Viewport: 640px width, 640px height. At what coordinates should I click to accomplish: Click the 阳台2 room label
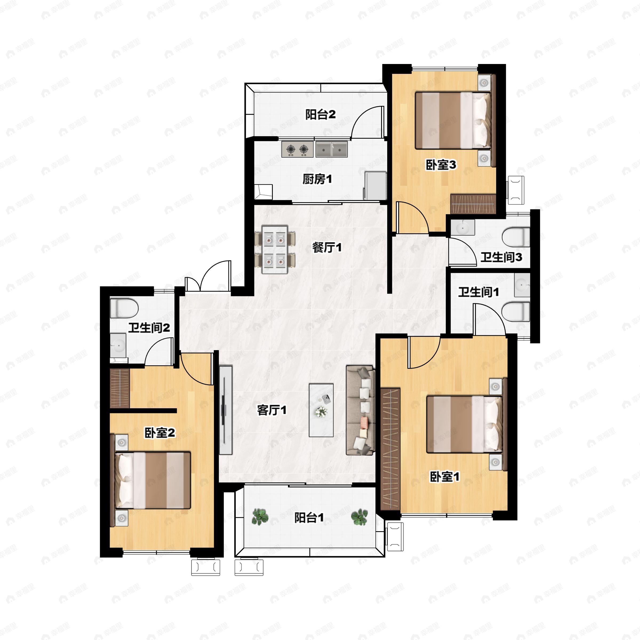tap(320, 115)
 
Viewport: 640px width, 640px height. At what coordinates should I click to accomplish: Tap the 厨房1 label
tap(317, 179)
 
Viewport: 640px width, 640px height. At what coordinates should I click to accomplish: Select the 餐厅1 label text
tap(327, 247)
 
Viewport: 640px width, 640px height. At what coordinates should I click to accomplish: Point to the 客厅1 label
tap(272, 410)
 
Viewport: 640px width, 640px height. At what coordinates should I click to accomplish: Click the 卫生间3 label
tap(501, 257)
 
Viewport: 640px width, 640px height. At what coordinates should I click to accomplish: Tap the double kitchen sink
tap(331, 149)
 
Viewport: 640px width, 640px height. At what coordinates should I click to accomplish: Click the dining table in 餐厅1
tap(275, 249)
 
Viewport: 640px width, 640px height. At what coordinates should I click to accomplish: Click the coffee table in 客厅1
tap(321, 410)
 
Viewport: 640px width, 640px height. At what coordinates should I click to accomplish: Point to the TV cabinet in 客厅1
tap(226, 410)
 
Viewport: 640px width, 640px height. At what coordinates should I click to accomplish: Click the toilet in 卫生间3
tap(516, 237)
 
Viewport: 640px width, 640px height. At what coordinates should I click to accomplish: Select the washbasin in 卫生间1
tap(522, 285)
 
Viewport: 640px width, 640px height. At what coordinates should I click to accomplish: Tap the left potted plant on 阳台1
tap(260, 517)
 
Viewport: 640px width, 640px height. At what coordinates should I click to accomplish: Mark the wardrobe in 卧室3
tap(473, 204)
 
